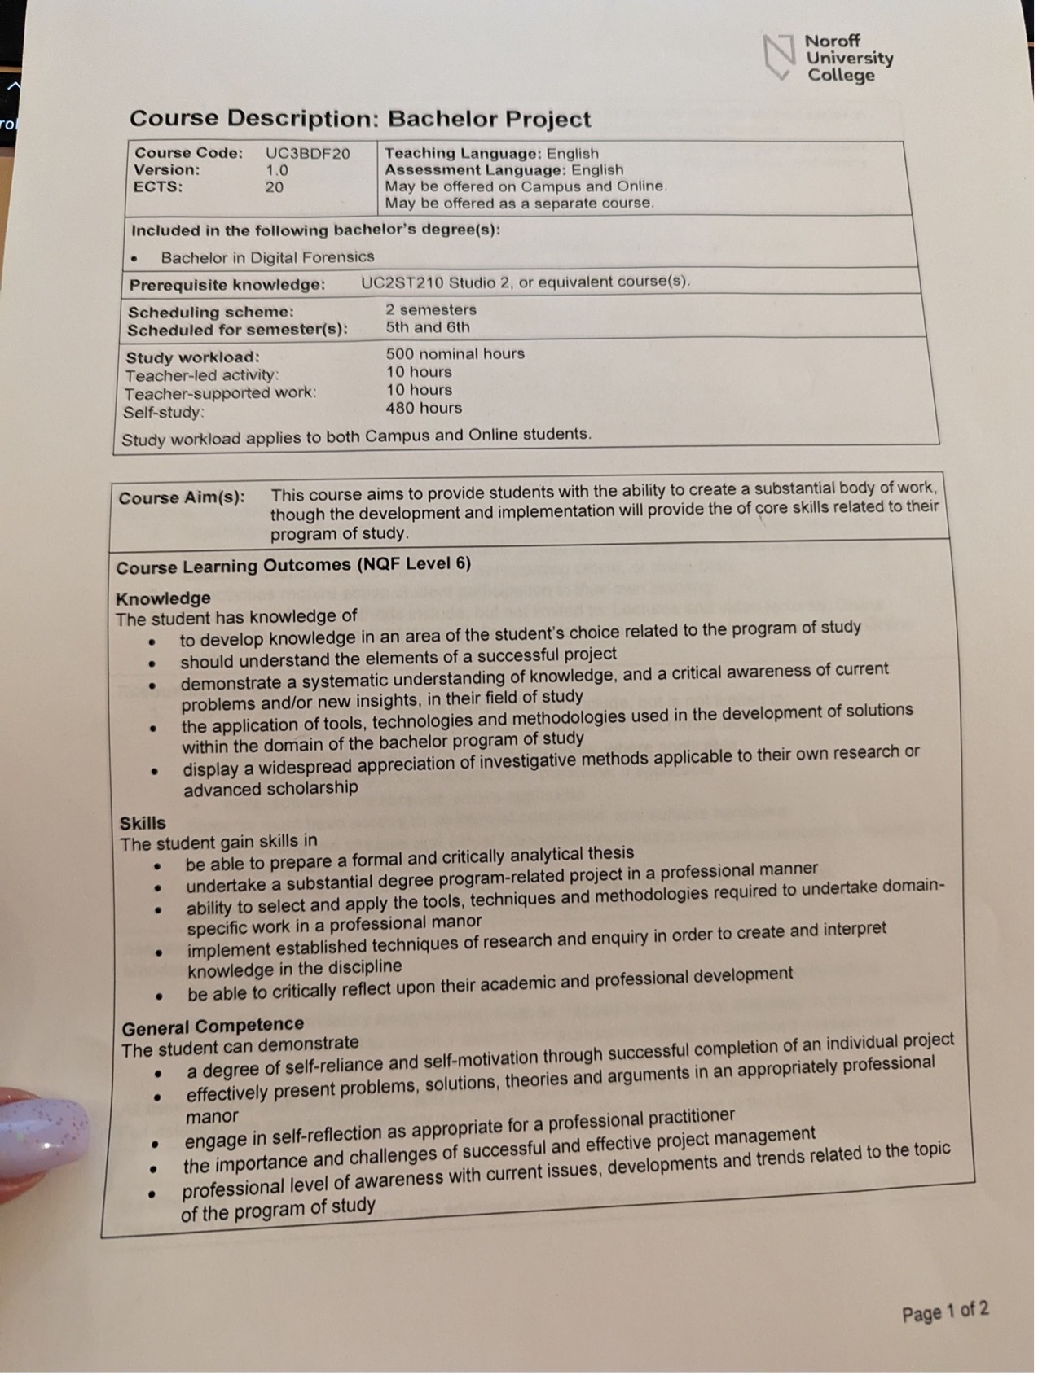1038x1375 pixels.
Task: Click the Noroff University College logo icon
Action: [x=778, y=57]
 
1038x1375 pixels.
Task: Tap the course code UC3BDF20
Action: [x=307, y=153]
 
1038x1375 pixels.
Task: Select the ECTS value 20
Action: [x=275, y=187]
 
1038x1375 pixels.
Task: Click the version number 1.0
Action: [x=277, y=170]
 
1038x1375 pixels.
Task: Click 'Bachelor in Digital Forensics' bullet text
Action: [x=267, y=257]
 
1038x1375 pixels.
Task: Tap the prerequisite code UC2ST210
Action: [x=402, y=282]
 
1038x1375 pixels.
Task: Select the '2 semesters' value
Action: [x=431, y=309]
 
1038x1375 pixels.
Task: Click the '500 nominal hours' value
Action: [x=455, y=353]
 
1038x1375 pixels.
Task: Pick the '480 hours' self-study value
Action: [x=424, y=408]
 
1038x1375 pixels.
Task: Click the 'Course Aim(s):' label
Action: [x=182, y=497]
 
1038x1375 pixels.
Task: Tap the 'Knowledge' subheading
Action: [x=163, y=598]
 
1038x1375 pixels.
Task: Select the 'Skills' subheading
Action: [x=143, y=822]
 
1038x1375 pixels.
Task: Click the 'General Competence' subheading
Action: [x=213, y=1026]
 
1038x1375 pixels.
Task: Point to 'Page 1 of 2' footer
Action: [x=945, y=1312]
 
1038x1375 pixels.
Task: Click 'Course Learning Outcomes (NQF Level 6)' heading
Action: [x=293, y=565]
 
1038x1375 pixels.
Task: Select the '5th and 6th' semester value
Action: [x=428, y=327]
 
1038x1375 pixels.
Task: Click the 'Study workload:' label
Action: [x=192, y=357]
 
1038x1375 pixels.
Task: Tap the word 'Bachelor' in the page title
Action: [x=441, y=119]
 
